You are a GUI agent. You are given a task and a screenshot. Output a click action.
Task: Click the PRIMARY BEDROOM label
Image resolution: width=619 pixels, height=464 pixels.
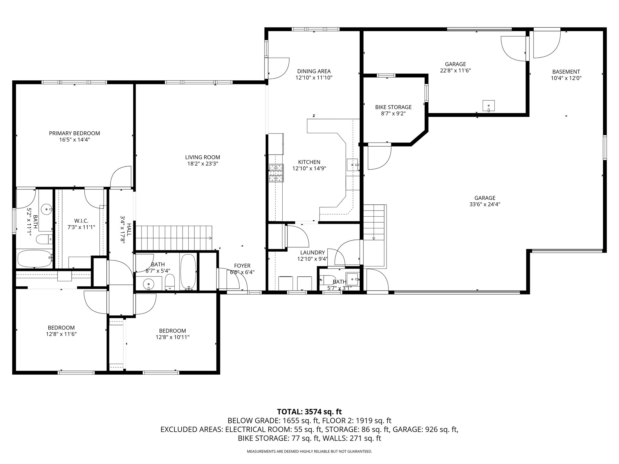tap(74, 133)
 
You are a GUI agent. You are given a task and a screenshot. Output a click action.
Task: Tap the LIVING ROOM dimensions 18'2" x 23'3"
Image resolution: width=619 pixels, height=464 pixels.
tap(203, 164)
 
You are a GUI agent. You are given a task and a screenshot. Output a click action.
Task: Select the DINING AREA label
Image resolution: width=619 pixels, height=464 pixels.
tap(314, 71)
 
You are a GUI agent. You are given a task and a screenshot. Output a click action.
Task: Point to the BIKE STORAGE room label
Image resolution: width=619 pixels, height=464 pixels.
tap(393, 107)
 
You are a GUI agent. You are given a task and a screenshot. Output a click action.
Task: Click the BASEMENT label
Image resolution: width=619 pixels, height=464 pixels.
tap(566, 72)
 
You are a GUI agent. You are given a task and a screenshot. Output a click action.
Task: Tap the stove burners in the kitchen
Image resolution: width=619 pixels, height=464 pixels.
tap(276, 173)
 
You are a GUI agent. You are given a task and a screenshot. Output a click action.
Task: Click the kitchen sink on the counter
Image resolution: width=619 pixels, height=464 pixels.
tap(352, 165)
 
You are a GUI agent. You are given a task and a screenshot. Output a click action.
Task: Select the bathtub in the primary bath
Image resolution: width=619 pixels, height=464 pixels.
tap(34, 258)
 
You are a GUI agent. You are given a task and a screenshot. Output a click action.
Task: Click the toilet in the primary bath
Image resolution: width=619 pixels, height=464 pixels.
tap(44, 239)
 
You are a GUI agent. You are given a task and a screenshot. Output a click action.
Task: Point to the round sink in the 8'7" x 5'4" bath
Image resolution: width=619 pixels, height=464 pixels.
tap(149, 284)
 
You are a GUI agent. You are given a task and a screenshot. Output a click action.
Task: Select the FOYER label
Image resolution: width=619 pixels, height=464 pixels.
tap(242, 266)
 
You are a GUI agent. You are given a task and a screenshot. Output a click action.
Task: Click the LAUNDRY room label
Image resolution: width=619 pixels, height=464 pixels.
tap(313, 253)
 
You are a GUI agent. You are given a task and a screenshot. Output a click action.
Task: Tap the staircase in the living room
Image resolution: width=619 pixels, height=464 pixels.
tap(174, 238)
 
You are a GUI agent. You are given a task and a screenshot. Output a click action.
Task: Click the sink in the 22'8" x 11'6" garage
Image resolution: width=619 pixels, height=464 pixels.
tap(488, 106)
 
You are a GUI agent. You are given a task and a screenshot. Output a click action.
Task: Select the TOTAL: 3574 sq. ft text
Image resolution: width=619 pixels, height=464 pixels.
tap(309, 412)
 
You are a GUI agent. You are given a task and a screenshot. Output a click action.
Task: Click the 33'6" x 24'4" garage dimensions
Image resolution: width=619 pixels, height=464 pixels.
tap(485, 204)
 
